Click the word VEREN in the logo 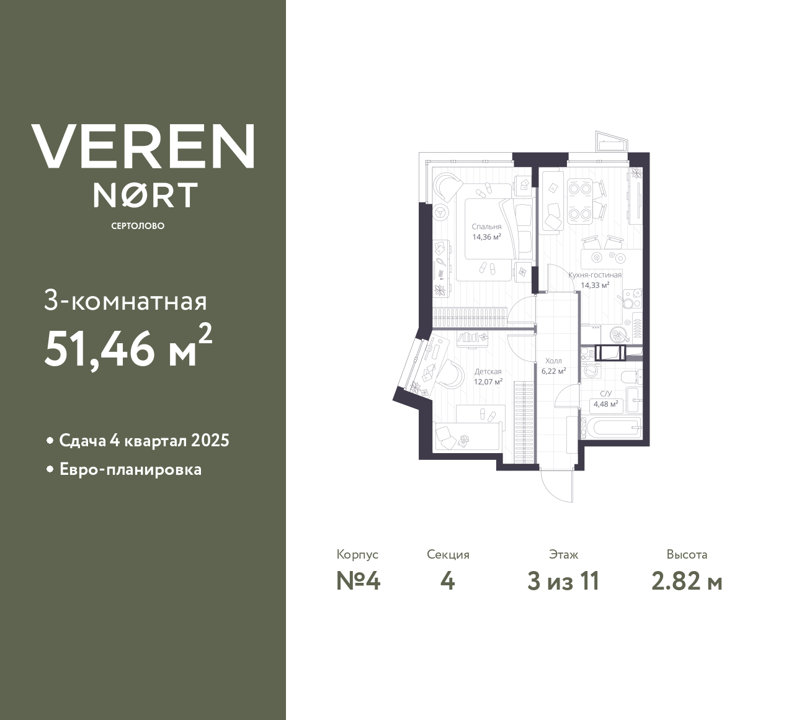click(143, 146)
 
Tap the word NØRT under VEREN click(145, 195)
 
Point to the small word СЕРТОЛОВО click(138, 226)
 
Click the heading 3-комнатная click(125, 302)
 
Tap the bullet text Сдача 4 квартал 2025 click(144, 441)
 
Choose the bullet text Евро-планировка click(130, 469)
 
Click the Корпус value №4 click(358, 581)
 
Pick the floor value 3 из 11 click(563, 581)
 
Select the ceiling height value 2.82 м click(687, 581)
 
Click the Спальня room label click(486, 227)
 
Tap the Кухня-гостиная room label click(595, 275)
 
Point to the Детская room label click(488, 372)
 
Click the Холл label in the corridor click(553, 361)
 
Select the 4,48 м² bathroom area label click(605, 404)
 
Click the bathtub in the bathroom click(612, 428)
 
